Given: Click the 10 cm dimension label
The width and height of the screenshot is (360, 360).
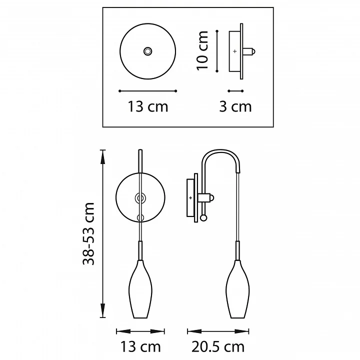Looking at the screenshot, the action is [x=202, y=50].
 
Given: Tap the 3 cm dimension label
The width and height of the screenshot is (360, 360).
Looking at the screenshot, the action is [x=235, y=107].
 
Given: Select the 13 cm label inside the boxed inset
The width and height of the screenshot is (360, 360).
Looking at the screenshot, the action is [x=148, y=107].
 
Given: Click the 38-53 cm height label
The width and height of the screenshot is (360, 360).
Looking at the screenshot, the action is [x=88, y=233].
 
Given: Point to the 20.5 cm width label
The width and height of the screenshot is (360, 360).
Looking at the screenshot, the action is [x=218, y=347].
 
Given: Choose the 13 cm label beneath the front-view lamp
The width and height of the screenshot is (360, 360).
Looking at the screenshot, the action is [x=140, y=347].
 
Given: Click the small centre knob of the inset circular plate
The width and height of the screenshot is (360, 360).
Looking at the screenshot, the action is [x=147, y=51].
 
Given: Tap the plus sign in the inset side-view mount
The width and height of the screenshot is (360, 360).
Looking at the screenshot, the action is [x=234, y=51].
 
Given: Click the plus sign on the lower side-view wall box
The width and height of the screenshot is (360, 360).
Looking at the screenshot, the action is [x=190, y=197].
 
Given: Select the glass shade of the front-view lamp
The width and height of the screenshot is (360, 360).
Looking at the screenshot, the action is [x=140, y=289].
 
